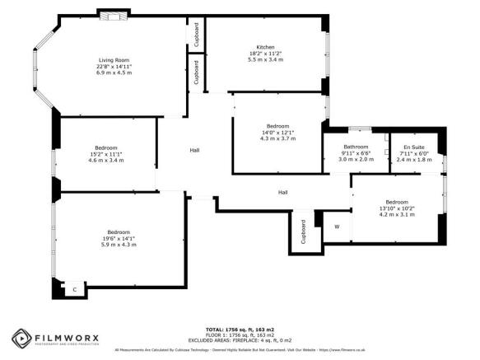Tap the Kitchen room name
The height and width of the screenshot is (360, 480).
click(265, 47)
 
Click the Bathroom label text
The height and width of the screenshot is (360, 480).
click(356, 147)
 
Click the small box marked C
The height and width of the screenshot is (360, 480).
click(74, 290)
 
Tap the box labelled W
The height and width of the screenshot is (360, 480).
click(337, 227)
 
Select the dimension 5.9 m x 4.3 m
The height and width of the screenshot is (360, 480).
click(118, 245)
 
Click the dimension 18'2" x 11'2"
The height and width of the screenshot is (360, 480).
click(265, 54)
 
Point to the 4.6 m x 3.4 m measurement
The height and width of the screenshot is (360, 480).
click(105, 160)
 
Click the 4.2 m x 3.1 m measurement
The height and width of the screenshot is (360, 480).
click(397, 214)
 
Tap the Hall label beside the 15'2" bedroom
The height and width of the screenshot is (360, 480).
click(195, 150)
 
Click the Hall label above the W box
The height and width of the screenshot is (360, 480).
click(282, 192)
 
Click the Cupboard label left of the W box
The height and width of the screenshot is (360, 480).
click(304, 231)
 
